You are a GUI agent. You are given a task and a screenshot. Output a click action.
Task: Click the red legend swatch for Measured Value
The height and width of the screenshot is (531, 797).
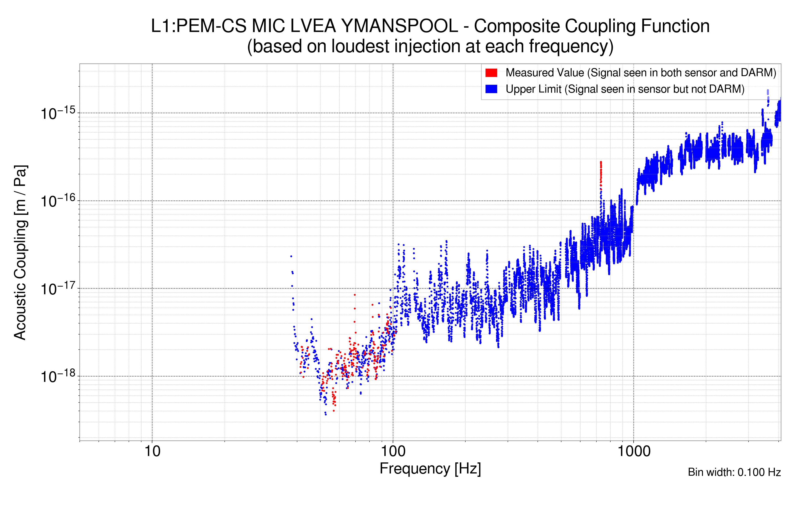tap(491, 73)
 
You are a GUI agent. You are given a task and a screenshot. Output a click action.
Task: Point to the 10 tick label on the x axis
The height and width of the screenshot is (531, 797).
tap(152, 451)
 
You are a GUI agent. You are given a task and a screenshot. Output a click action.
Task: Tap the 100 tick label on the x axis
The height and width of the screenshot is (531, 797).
tap(393, 451)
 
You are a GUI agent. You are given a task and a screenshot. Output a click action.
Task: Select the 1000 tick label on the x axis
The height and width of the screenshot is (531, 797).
tap(634, 451)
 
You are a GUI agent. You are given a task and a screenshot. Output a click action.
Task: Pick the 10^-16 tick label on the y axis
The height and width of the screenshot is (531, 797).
tap(58, 201)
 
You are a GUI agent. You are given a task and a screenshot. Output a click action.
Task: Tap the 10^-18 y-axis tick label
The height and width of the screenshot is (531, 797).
tap(58, 376)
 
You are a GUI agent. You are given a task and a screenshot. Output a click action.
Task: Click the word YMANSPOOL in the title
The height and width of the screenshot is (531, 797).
tap(400, 26)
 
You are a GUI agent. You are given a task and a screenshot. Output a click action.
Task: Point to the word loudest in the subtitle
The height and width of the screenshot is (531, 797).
tap(360, 46)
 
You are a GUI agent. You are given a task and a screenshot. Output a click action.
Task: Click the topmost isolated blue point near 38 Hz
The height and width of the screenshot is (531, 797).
tap(291, 256)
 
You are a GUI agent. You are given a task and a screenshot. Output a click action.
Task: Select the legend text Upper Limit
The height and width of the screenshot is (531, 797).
tap(533, 89)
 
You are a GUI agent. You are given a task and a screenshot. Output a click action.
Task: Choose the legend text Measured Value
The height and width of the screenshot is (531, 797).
tap(545, 73)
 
